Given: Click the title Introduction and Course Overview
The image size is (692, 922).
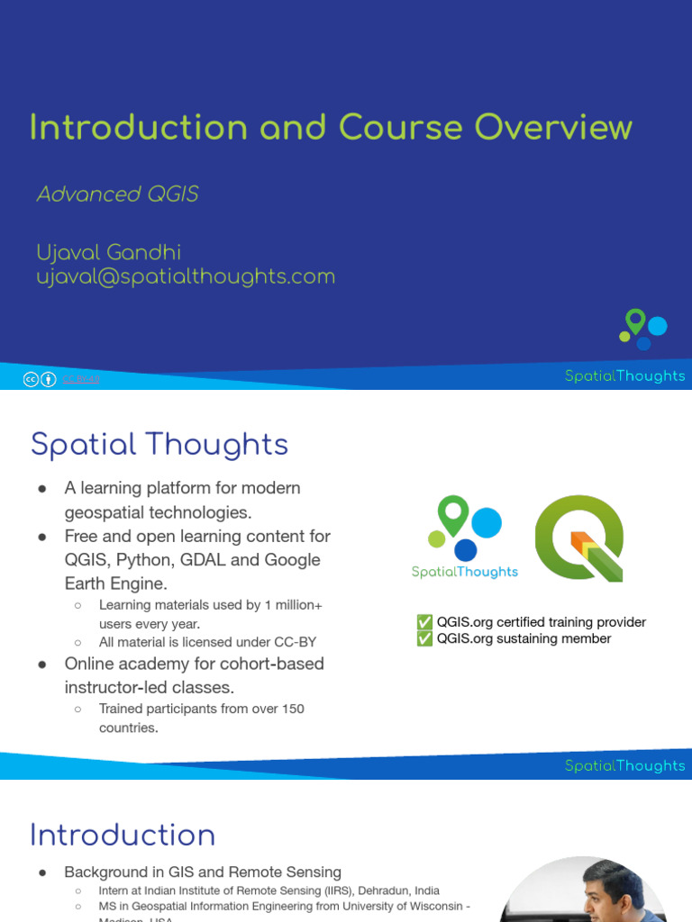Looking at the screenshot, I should point(331,127).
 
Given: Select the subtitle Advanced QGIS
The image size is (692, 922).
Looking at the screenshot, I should point(117,194).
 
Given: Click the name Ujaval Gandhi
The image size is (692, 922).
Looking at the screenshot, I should point(108,253).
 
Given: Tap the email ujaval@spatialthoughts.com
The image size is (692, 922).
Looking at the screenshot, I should point(185,276).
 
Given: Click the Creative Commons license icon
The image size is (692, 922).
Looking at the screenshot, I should point(31,380).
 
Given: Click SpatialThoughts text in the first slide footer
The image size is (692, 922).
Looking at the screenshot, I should point(624,376).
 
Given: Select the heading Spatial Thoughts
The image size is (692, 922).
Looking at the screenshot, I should point(159,445).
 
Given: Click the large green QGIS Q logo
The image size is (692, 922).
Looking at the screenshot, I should point(579,538).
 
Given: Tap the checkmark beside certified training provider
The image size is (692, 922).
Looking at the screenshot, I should point(424,622).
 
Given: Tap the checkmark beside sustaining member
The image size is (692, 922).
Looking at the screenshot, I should point(424,638).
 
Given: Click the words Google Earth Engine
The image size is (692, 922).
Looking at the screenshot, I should point(193,572).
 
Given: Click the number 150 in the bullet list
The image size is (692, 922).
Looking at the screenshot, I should point(291,709).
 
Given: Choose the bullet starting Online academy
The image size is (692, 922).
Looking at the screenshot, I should point(194,675).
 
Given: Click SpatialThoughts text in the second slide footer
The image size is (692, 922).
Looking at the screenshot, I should point(624,766).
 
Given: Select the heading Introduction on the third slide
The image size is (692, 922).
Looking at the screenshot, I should point(123,836).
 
